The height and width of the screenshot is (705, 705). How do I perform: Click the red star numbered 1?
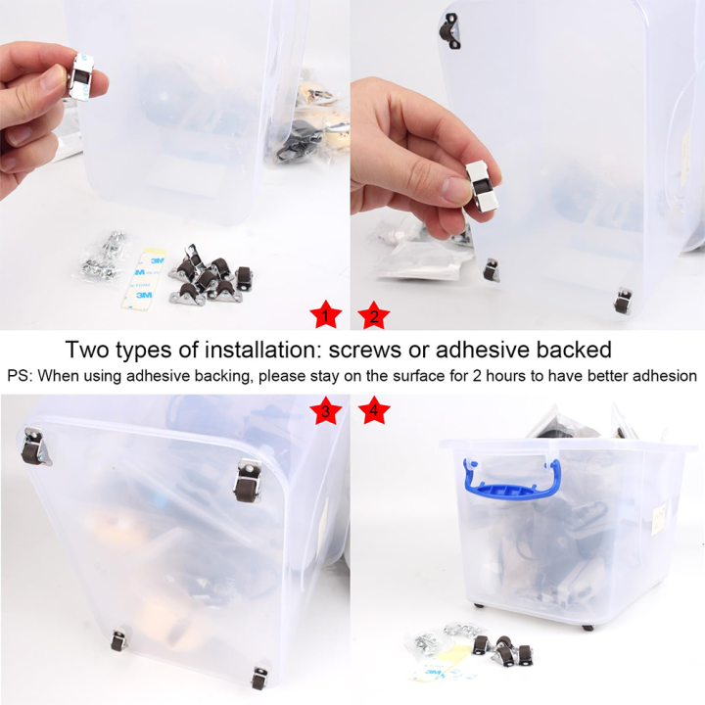pyautogui.click(x=325, y=314)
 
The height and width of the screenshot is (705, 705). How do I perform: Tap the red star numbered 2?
pyautogui.click(x=374, y=314)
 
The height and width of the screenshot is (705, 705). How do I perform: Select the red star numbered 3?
pyautogui.click(x=325, y=409)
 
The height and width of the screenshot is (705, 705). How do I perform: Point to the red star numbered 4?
pyautogui.click(x=374, y=409)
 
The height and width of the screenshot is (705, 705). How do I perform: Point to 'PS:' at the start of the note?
pyautogui.click(x=20, y=376)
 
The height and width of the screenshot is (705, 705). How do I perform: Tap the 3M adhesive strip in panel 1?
pyautogui.click(x=143, y=279)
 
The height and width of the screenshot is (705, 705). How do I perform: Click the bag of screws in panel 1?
pyautogui.click(x=102, y=258)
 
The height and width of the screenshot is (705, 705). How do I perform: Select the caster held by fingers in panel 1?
pyautogui.click(x=80, y=76)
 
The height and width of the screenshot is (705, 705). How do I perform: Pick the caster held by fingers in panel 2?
pyautogui.click(x=481, y=186)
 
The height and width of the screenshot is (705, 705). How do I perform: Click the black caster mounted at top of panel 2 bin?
pyautogui.click(x=449, y=31)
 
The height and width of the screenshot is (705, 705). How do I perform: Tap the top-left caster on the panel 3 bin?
pyautogui.click(x=35, y=447)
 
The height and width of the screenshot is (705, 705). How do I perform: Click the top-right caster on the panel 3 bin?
pyautogui.click(x=248, y=481)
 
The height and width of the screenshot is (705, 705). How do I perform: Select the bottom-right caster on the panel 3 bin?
pyautogui.click(x=259, y=678)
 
